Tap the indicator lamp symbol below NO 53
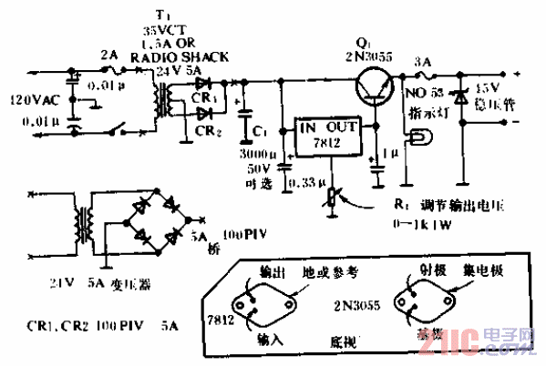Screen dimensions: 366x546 click(420, 137)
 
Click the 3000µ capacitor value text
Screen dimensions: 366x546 click(264, 156)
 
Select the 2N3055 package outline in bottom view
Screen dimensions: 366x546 click(423, 305)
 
